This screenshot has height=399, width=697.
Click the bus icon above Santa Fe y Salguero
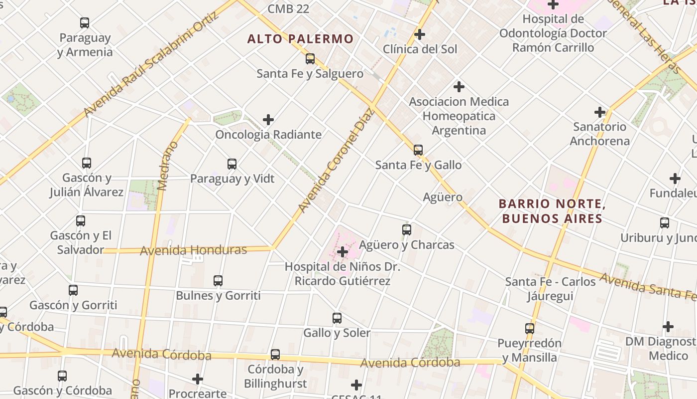tap(310, 59)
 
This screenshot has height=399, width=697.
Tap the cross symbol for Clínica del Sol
tap(420, 34)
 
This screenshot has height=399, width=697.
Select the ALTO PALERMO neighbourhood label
tap(300, 39)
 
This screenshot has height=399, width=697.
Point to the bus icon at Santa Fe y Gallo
tap(418, 150)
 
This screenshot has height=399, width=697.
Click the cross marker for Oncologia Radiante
tap(268, 120)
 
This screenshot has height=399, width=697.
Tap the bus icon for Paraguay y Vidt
tap(232, 164)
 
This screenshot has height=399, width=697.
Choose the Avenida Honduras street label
tap(193, 250)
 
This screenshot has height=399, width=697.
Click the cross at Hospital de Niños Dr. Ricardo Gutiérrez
tap(343, 252)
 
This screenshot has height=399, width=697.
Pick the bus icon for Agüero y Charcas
tap(407, 230)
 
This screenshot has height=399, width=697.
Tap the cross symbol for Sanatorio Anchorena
tap(600, 112)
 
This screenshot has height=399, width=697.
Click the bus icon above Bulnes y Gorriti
tap(218, 281)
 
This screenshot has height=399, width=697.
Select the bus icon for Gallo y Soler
tap(337, 318)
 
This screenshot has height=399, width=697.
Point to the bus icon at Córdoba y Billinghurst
tap(275, 355)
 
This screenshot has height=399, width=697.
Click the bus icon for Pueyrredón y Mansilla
tap(530, 329)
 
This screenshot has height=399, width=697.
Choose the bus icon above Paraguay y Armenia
tap(85, 23)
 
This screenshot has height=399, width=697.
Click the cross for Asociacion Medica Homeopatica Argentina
tap(459, 87)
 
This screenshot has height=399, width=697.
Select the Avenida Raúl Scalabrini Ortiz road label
tap(151, 64)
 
